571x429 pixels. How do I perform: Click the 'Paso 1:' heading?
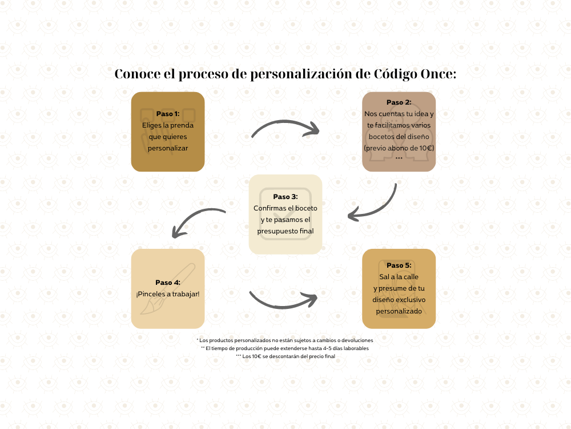point(168,114)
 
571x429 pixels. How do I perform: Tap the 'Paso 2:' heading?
point(399,102)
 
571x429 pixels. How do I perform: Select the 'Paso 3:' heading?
point(285,197)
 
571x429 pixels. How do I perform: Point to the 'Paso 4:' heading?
point(168,283)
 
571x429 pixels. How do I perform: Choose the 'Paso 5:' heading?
point(399,265)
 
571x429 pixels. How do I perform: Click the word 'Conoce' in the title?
point(138,74)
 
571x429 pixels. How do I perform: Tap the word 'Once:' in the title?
point(439,74)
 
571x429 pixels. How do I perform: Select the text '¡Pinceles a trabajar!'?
point(168,294)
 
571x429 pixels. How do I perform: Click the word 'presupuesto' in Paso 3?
point(278,231)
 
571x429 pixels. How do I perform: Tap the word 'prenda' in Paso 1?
point(182,125)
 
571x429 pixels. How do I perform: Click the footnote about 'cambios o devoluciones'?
point(285,340)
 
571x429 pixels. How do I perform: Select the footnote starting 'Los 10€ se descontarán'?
point(285,356)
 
